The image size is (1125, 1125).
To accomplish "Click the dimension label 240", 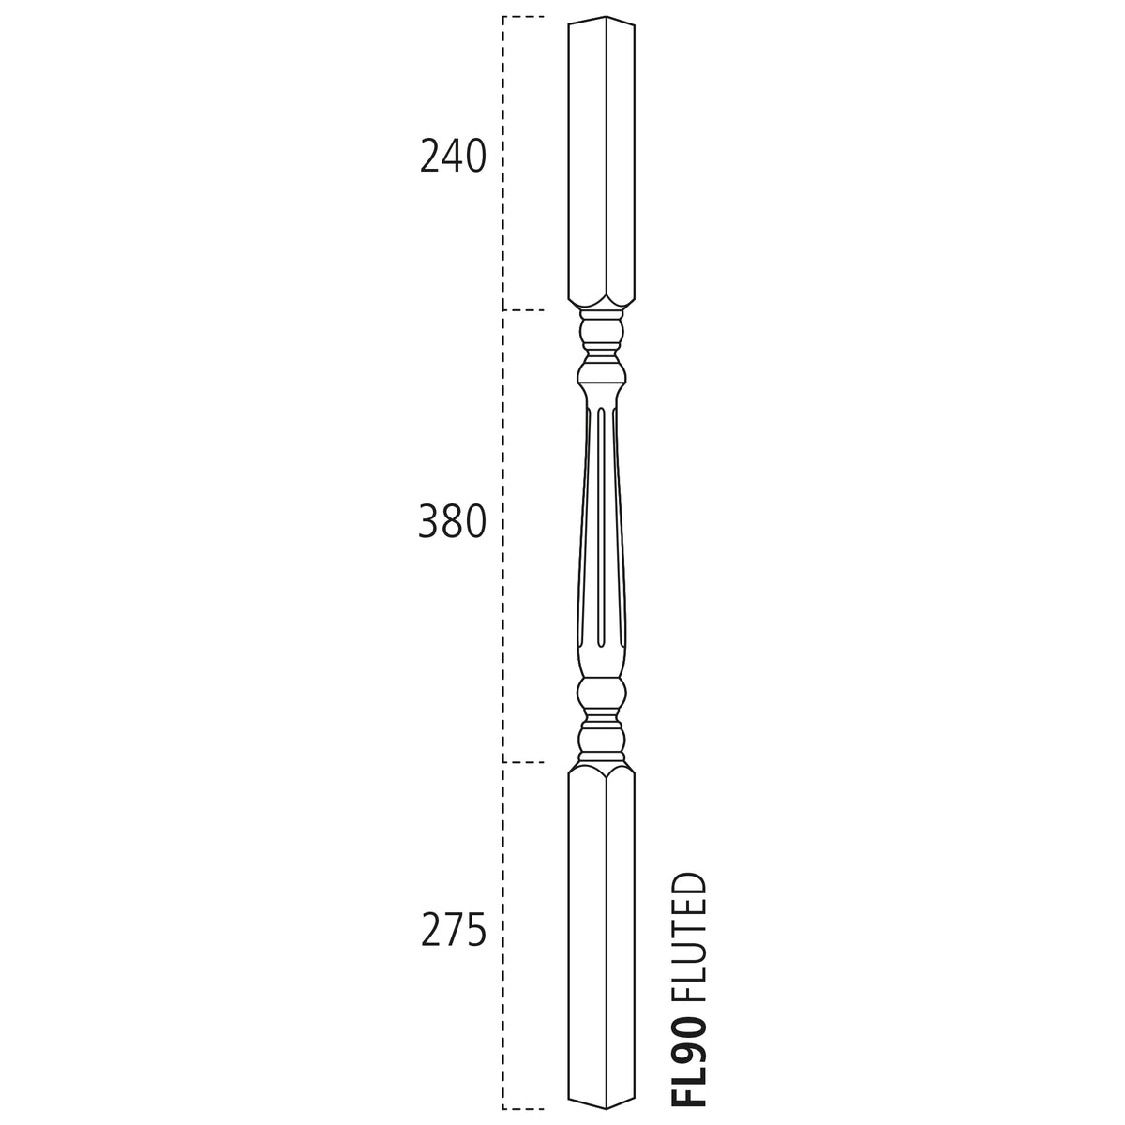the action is click(x=453, y=157).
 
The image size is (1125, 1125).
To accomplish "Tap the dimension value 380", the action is click(x=453, y=521).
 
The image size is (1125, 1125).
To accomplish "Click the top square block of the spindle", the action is click(x=602, y=161).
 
